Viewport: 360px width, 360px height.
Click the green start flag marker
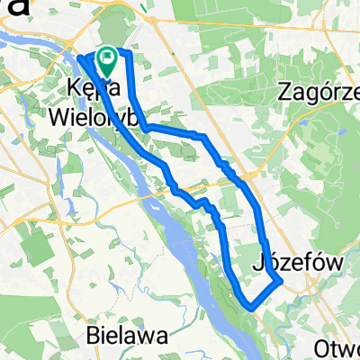pos(108,60)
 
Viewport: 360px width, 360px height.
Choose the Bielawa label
pos(130,336)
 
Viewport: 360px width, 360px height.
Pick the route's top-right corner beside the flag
pos(129,55)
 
